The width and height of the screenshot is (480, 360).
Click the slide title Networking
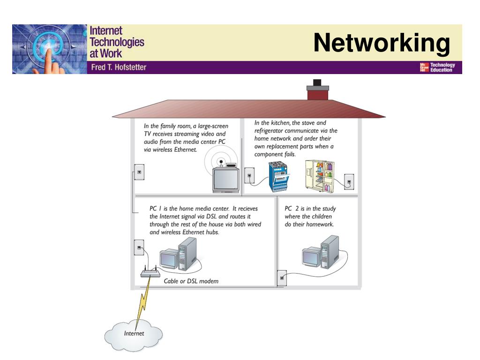[x=381, y=44]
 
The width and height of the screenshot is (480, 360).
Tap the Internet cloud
[x=134, y=333]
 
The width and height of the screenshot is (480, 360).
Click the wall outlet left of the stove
[x=250, y=178]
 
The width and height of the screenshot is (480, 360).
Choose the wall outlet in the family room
[x=139, y=172]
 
